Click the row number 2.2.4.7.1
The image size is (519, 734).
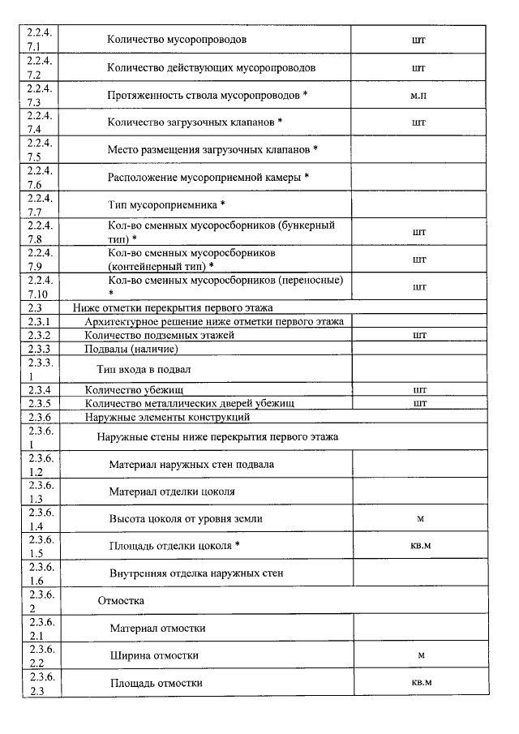[39, 39]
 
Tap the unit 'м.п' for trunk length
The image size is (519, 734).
[418, 95]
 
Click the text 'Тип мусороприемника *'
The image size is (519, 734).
[166, 204]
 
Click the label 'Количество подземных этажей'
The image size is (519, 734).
[159, 335]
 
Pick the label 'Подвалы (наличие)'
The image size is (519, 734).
[131, 349]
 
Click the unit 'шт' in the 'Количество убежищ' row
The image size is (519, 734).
[419, 389]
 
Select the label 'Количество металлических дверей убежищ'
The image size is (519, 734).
[189, 403]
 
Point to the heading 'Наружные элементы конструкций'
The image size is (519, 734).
[167, 418]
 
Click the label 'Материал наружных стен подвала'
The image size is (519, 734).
[191, 465]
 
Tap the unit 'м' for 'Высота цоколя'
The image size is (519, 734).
[420, 518]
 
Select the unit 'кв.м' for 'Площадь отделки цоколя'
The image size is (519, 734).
[420, 545]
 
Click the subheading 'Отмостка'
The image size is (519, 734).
[121, 601]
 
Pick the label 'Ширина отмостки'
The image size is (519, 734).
[155, 655]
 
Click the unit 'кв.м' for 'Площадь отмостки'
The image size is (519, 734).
[420, 682]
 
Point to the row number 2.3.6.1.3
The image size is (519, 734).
[39, 492]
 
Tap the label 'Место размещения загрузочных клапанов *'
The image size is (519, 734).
[212, 150]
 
